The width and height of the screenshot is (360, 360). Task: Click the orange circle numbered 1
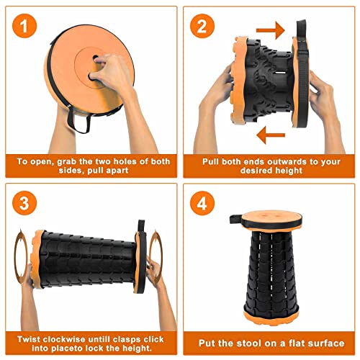[24, 26]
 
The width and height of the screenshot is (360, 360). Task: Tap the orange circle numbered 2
[202, 26]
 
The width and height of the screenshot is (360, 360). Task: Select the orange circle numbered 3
[24, 203]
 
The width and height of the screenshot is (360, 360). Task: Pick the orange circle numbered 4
[202, 203]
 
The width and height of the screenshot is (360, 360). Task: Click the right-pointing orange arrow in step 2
[271, 30]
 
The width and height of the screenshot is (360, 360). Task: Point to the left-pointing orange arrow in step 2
[271, 135]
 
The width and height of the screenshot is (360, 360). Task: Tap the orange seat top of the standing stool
[271, 217]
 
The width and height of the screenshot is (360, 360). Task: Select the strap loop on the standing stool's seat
[235, 219]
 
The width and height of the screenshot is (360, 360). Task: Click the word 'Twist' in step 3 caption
[29, 339]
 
